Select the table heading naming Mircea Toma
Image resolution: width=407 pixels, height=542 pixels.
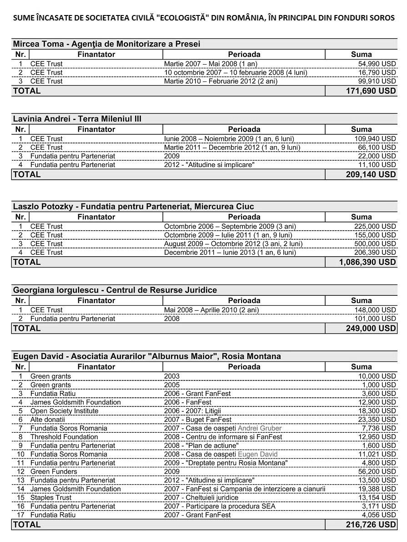pyautogui.click(x=106, y=44)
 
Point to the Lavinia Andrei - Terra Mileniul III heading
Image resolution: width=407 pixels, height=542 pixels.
pyautogui.click(x=77, y=119)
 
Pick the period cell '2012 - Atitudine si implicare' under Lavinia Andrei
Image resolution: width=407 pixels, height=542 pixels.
pyautogui.click(x=209, y=165)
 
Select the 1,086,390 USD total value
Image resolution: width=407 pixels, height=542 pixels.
pyautogui.click(x=367, y=262)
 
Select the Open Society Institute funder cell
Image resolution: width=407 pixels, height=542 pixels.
pyautogui.click(x=64, y=411)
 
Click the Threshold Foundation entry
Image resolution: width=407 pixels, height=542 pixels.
pyautogui.click(x=64, y=437)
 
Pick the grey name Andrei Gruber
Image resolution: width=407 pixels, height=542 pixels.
pyautogui.click(x=260, y=428)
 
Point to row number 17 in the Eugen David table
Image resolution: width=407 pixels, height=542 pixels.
pyautogui.click(x=20, y=515)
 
